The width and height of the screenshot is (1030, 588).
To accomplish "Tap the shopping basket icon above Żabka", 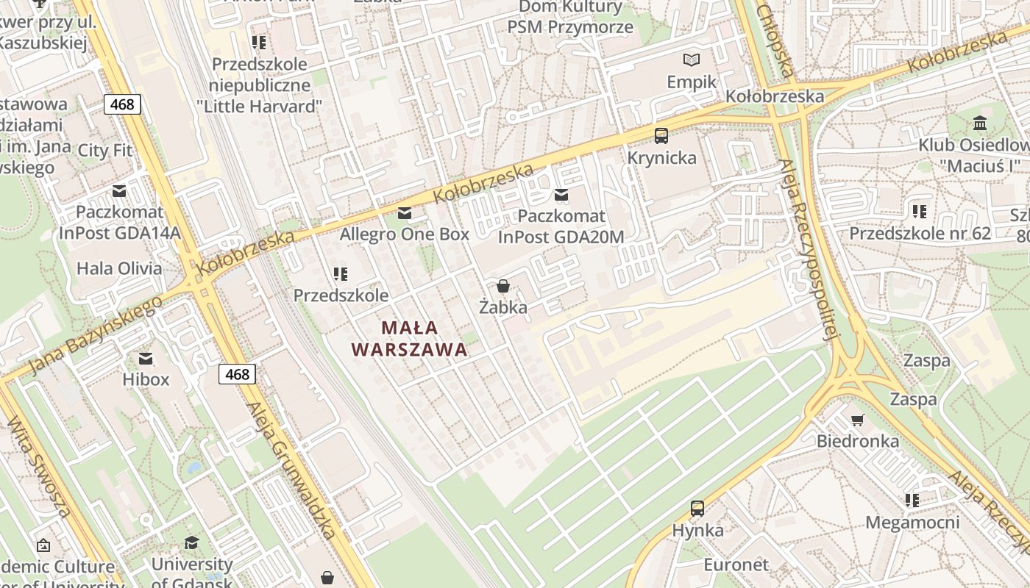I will tap(503, 286).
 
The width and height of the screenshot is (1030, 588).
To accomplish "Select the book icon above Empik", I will tap(692, 60).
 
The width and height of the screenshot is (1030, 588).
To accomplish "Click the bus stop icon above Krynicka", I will tap(661, 136).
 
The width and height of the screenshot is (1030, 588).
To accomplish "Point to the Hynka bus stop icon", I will tap(697, 508).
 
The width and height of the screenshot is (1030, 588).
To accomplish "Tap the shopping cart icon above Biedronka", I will tap(857, 420).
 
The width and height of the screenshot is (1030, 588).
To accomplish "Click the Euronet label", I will tap(736, 565).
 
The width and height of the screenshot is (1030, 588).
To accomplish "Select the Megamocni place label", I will tap(912, 523).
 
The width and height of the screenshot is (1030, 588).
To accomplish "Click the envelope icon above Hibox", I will tap(146, 358).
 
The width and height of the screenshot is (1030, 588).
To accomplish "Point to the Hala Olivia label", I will tap(119, 268).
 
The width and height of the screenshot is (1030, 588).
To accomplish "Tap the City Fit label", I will tap(105, 151).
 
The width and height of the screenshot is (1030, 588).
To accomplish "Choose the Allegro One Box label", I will tap(404, 234).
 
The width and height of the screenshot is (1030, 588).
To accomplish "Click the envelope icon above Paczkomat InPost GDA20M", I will tap(561, 195).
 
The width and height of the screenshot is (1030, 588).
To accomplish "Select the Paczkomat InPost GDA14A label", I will tap(120, 223).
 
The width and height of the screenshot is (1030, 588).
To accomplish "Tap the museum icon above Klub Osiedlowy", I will tap(980, 123).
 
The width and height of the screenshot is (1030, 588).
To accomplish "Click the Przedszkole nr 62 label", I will tap(920, 233).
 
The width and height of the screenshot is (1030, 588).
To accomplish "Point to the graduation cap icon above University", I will tap(191, 542).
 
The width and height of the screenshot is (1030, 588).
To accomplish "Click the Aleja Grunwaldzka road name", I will tap(292, 470).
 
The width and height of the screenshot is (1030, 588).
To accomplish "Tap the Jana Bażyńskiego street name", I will tap(96, 334).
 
